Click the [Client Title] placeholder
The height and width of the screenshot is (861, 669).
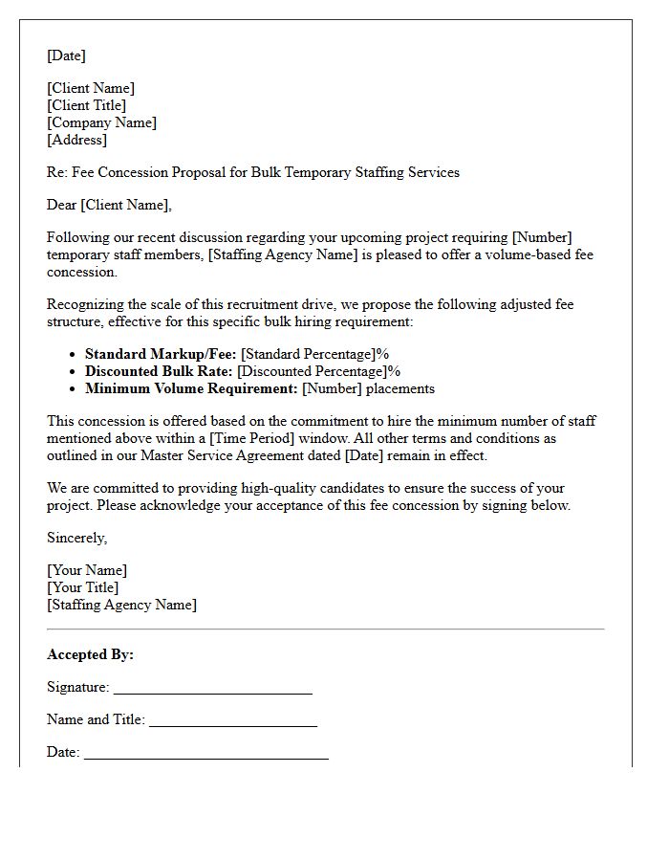click(86, 105)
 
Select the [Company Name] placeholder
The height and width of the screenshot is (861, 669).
click(101, 122)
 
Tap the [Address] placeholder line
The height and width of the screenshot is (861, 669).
click(76, 140)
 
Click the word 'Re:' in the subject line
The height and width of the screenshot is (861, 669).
click(58, 172)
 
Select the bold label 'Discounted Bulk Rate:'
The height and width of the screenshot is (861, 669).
click(159, 371)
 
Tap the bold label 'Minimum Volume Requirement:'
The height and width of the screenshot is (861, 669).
click(191, 388)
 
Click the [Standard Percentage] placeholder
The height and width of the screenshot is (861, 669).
click(309, 354)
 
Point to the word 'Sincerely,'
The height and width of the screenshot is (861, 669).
click(76, 538)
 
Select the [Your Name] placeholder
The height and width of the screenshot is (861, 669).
click(87, 570)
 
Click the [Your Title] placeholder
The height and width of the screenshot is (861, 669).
click(83, 587)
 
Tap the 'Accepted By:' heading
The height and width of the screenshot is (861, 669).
click(90, 654)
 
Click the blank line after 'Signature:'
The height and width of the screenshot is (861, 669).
click(212, 692)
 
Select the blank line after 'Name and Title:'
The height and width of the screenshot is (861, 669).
click(232, 725)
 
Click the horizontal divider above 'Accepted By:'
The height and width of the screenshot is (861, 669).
click(325, 629)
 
